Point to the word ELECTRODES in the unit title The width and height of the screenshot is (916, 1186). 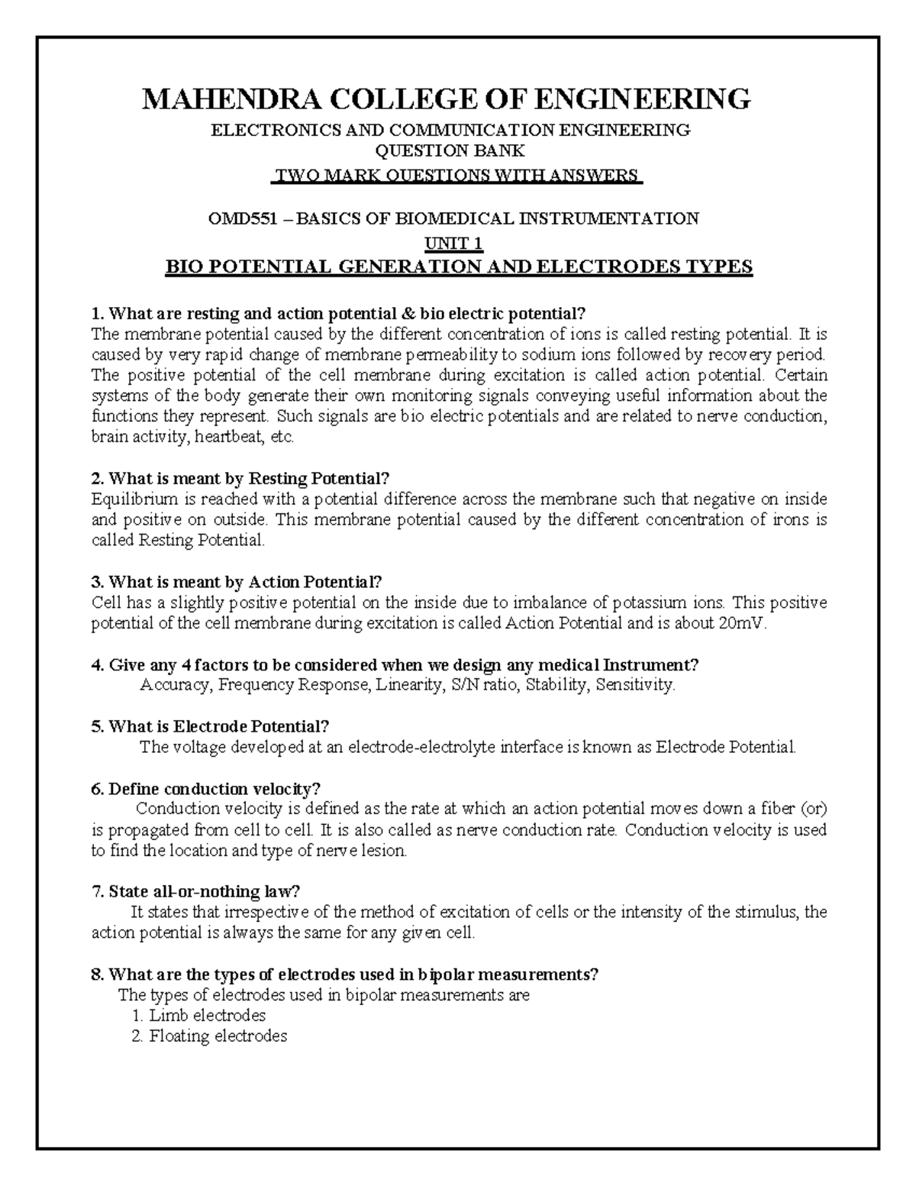[x=592, y=267]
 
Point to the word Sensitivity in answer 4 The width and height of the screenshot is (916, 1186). [x=634, y=685]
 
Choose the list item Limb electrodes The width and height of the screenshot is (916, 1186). [x=207, y=1016]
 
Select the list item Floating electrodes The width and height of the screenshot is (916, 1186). [x=218, y=1036]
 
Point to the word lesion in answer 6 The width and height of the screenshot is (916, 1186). [x=385, y=850]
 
